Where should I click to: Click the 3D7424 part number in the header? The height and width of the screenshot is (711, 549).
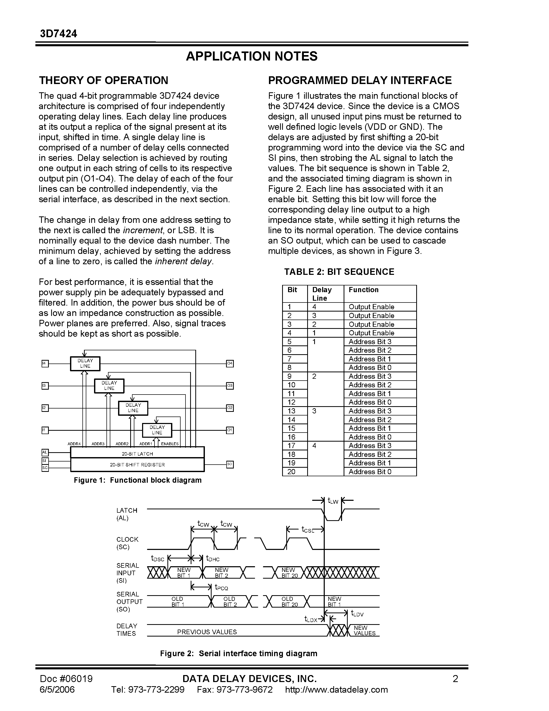59,34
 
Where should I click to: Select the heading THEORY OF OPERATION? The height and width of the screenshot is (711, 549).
103,80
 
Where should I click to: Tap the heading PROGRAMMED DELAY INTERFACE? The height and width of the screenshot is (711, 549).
360,80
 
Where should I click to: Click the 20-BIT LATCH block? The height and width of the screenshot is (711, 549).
137,453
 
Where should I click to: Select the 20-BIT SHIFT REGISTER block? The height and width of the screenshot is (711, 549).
137,465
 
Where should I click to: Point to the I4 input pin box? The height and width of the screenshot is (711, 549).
45,363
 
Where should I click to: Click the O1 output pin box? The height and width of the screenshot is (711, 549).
230,430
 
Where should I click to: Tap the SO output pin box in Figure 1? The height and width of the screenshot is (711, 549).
230,464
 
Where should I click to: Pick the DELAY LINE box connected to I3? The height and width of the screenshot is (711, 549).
109,386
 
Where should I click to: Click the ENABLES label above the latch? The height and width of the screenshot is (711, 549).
170,444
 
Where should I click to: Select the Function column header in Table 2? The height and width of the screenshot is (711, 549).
364,290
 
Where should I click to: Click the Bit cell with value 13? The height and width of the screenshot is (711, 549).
291,411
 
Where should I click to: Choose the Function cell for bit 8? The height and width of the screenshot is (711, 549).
370,368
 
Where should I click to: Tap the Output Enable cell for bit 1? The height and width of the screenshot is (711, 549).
371,307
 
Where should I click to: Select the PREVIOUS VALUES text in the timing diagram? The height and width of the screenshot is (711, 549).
207,632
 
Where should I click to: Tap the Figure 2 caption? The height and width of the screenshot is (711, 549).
238,653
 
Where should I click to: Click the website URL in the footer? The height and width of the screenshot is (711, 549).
336,690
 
